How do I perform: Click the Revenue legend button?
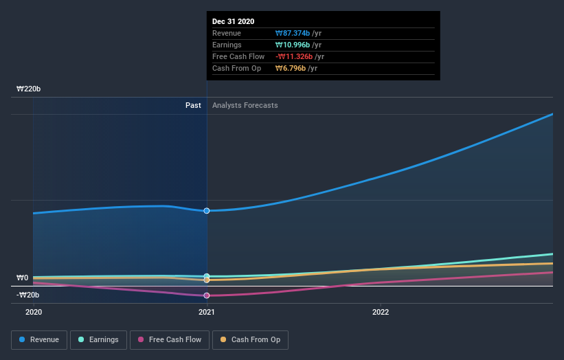click(39, 339)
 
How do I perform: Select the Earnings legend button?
click(98, 339)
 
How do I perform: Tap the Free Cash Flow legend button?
click(169, 339)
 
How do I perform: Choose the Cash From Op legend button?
click(250, 339)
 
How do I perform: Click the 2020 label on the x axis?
click(34, 311)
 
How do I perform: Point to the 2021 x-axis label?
click(207, 311)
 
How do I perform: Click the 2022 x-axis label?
click(381, 311)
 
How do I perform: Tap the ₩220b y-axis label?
click(29, 89)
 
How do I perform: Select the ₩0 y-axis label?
click(22, 278)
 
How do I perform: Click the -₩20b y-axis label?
click(28, 295)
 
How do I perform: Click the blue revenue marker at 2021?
click(207, 211)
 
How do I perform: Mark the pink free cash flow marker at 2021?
click(207, 295)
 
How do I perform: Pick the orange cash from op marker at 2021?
click(207, 280)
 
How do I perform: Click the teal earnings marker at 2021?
click(207, 275)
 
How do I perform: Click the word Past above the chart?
click(193, 105)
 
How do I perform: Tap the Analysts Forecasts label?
click(245, 105)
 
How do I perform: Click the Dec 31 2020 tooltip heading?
click(233, 21)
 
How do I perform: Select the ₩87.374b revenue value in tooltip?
click(292, 33)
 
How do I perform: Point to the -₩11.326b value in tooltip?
click(295, 56)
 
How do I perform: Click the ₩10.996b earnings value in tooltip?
click(292, 45)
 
